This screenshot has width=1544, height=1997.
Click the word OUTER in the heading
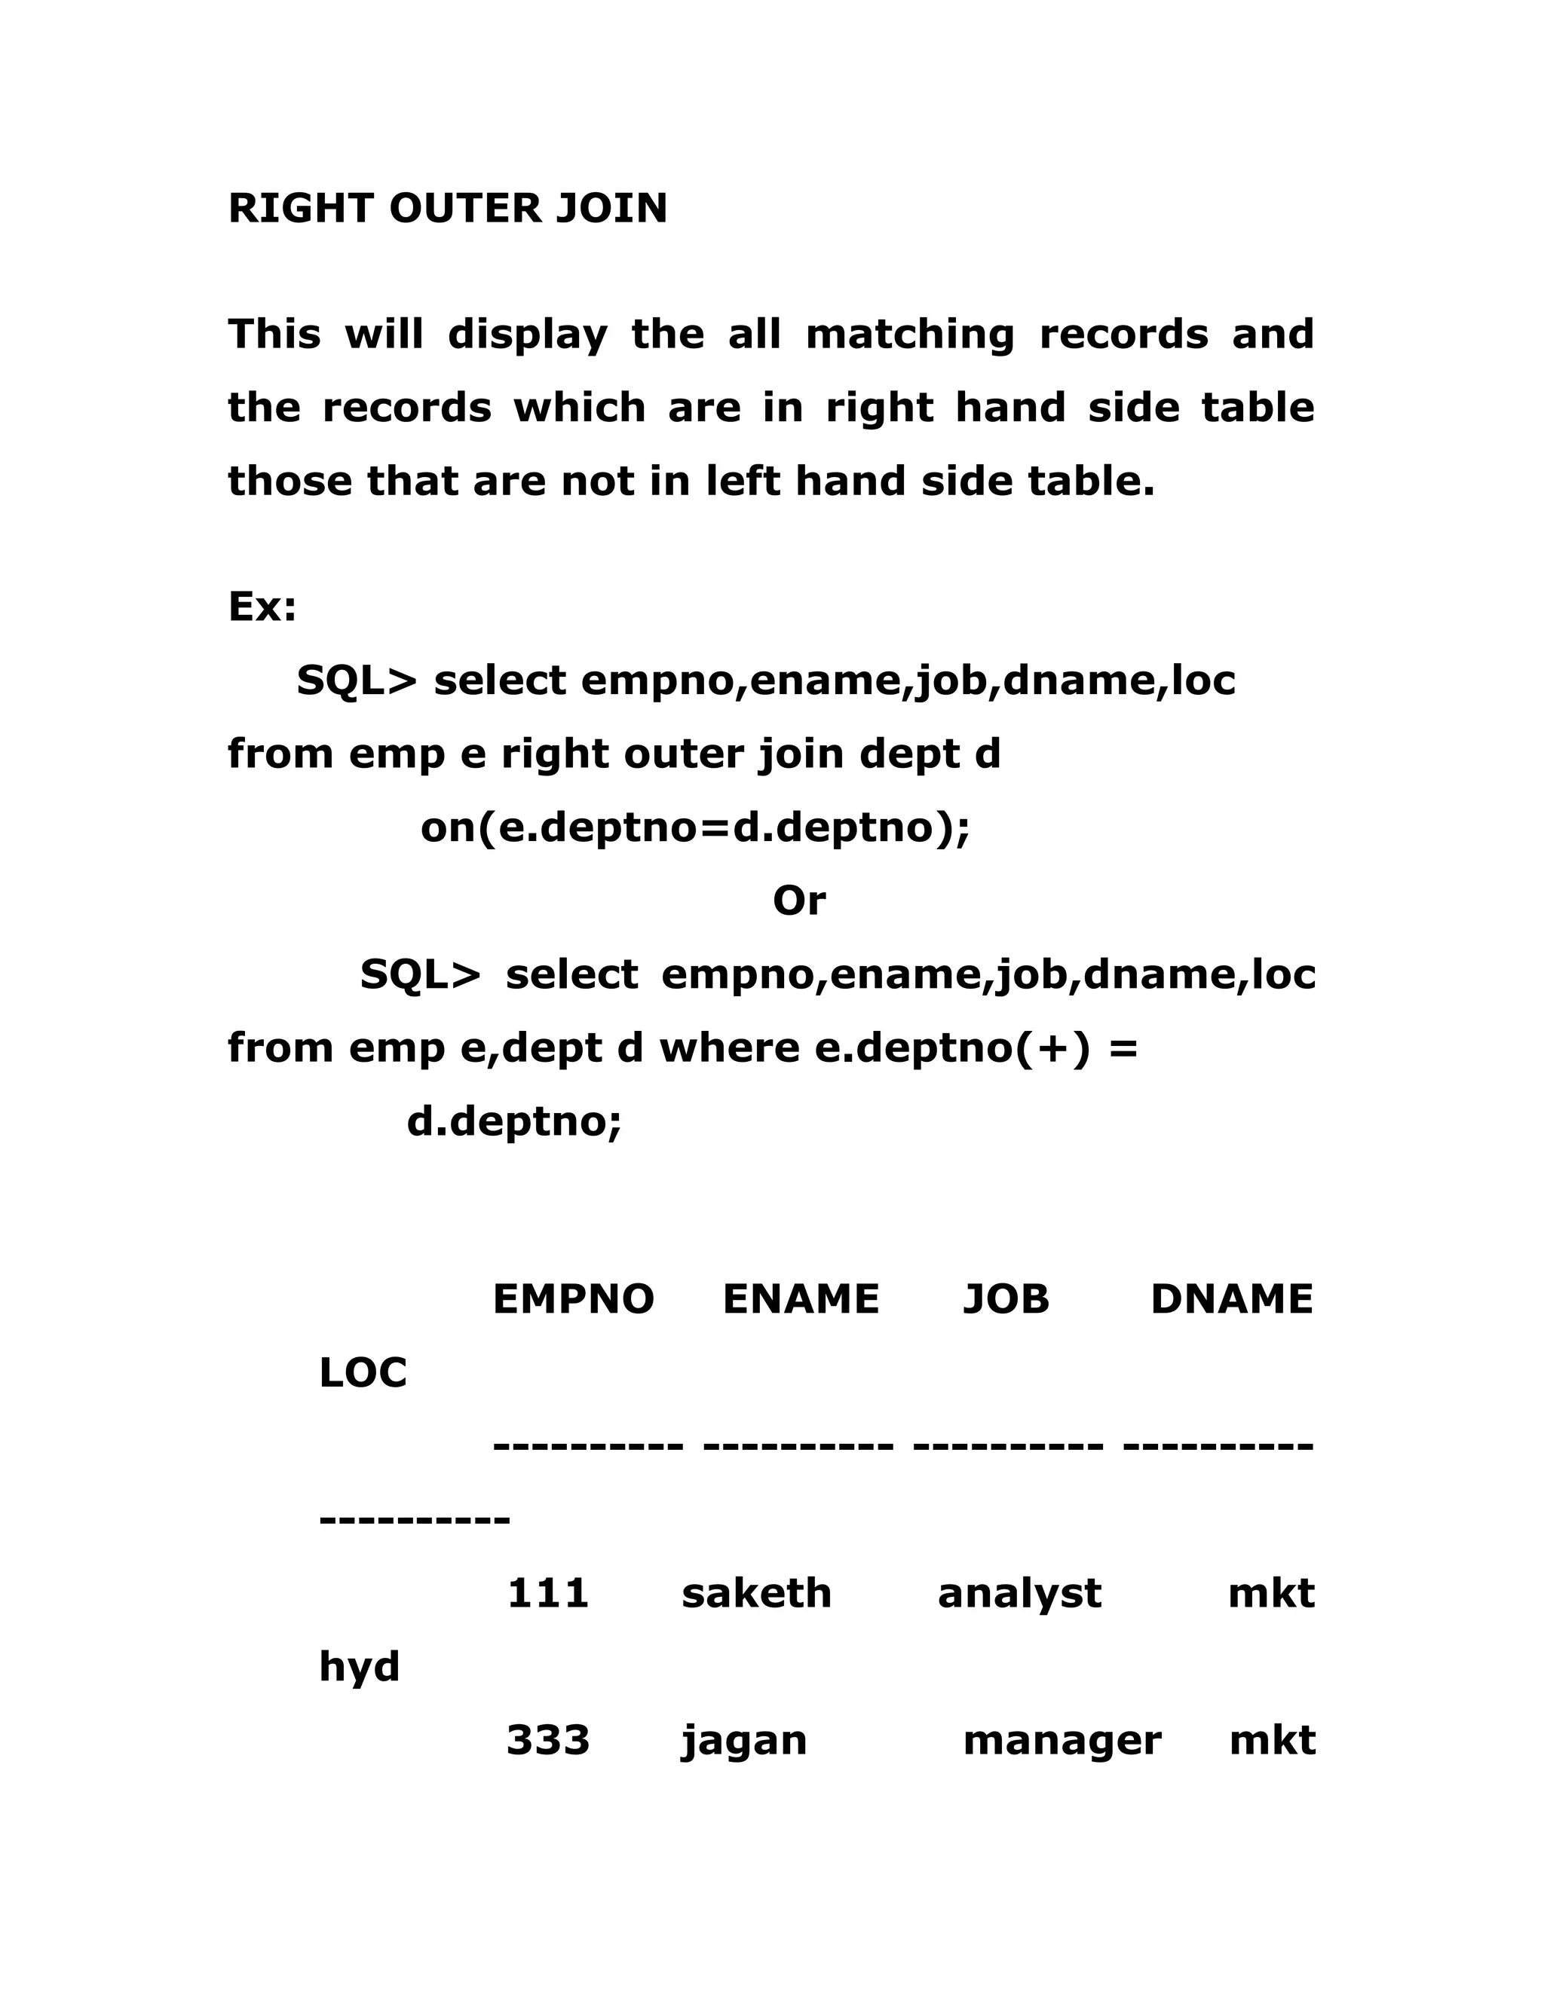coord(467,209)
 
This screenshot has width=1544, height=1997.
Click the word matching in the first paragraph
coord(909,335)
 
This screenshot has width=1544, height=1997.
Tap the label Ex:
coord(262,606)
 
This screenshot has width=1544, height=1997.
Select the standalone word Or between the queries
coord(798,901)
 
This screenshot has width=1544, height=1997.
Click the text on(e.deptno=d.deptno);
coord(694,828)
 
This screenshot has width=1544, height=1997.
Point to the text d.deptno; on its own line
coord(514,1122)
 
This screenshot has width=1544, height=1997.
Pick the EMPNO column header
coord(573,1299)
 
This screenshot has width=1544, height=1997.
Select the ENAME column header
coord(801,1299)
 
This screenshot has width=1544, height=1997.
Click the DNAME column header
coord(1231,1299)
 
